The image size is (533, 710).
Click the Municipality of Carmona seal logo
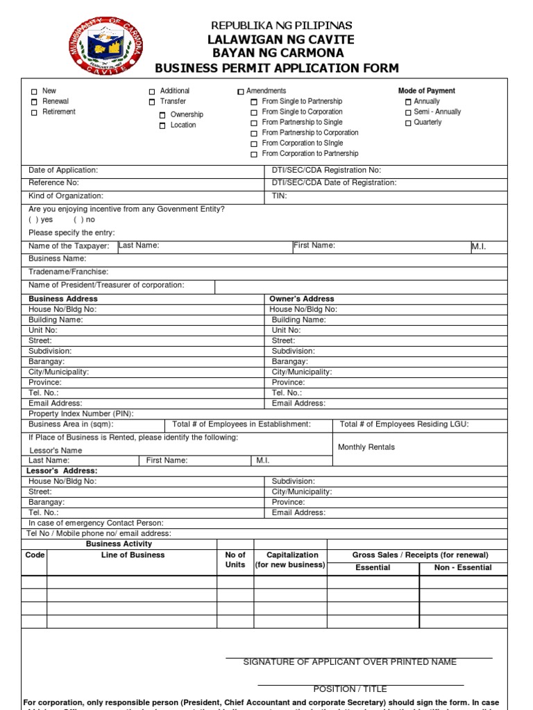105,46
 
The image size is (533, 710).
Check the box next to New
33,92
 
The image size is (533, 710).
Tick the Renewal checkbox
33,102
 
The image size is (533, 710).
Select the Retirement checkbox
33,112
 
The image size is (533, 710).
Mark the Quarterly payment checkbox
408,123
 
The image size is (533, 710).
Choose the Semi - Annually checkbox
408,112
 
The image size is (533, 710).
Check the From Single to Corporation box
254,112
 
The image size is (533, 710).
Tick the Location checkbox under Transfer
162,125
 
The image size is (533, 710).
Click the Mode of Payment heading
426,91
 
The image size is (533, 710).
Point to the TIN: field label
280,196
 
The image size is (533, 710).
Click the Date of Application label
63,170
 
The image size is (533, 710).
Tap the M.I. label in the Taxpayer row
479,247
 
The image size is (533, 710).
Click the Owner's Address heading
302,299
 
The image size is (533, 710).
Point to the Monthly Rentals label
366,447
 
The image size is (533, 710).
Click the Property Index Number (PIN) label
81,413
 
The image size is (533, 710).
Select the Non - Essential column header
462,567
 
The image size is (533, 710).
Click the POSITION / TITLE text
350,689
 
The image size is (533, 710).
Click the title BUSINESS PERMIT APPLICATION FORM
276,67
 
